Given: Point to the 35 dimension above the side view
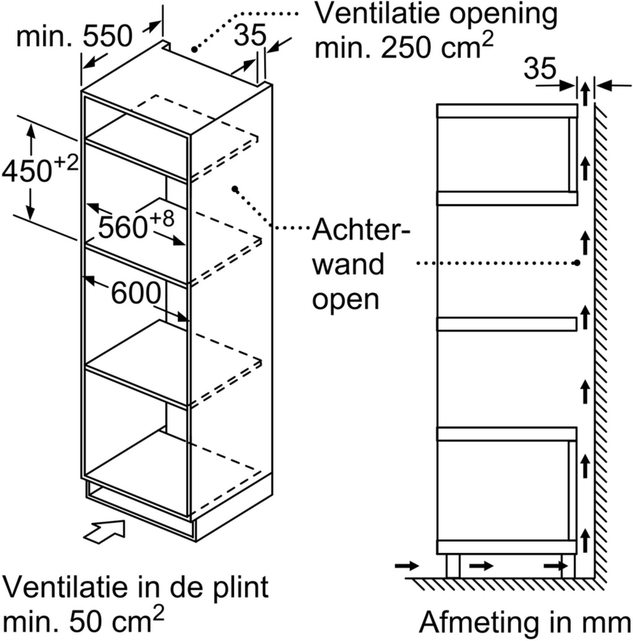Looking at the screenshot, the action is [x=540, y=68].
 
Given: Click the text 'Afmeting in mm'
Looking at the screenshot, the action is [x=525, y=623].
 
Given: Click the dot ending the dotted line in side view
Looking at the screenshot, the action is [x=577, y=263].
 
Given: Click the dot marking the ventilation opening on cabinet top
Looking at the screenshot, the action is [x=194, y=49].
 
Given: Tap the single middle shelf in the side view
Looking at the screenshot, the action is [x=506, y=324].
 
